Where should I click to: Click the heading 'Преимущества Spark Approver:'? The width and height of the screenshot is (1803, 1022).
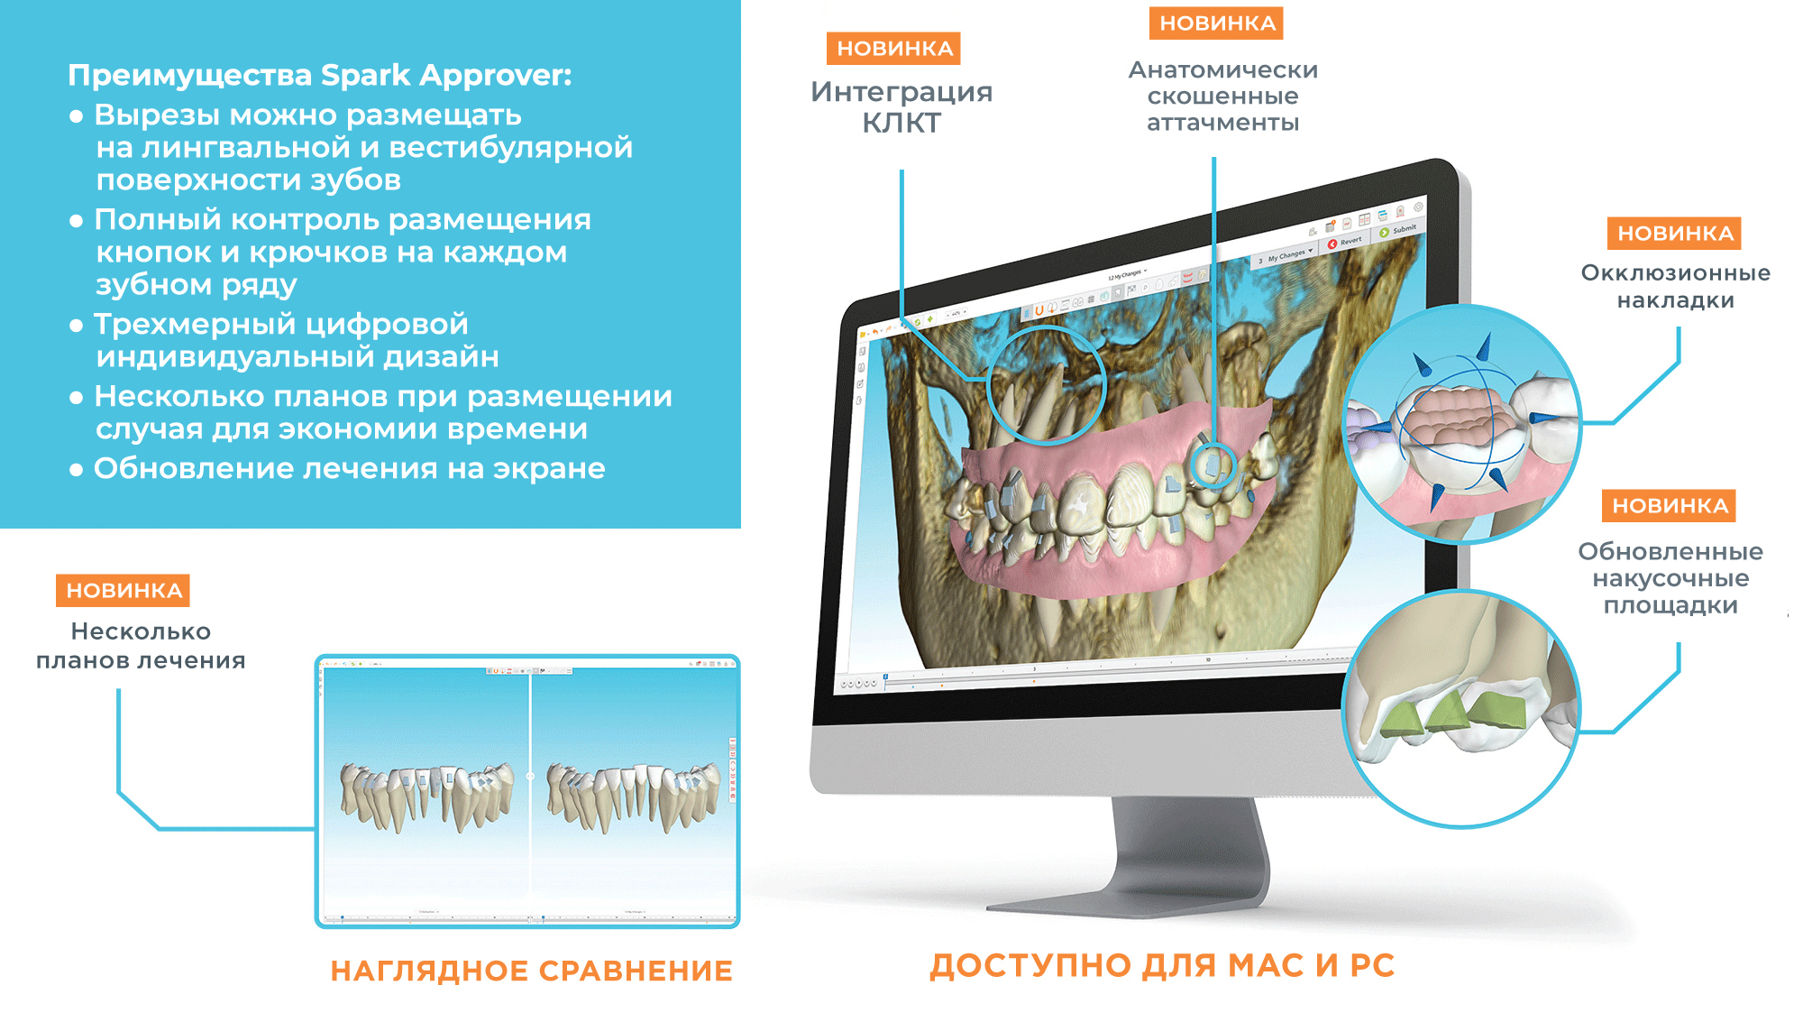[320, 75]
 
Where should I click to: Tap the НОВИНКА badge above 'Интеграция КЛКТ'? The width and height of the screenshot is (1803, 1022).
[893, 49]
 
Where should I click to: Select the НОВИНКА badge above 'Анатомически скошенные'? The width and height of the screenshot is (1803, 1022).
[1216, 23]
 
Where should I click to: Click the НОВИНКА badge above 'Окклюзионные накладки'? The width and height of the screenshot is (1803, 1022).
[1674, 234]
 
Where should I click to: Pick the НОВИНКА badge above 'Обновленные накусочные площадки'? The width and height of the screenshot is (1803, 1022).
[1669, 506]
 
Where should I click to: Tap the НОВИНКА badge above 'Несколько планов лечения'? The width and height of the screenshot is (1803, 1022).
[124, 591]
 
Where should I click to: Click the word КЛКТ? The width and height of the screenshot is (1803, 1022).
[901, 124]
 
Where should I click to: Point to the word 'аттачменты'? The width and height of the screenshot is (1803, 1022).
[1222, 123]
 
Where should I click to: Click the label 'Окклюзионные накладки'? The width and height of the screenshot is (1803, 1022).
[1675, 286]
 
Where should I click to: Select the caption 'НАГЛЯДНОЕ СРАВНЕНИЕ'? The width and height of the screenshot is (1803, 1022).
[531, 971]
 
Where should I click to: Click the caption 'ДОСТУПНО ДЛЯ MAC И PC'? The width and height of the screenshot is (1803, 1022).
[1162, 965]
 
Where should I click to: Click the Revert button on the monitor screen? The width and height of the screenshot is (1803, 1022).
[1345, 243]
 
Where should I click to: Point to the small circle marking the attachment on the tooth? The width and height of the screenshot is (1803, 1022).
[1213, 465]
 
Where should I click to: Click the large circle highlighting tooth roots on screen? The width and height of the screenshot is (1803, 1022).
[1047, 385]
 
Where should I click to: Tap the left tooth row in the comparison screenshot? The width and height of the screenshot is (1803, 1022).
[426, 793]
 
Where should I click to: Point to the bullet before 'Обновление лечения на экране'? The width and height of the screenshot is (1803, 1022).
[77, 470]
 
